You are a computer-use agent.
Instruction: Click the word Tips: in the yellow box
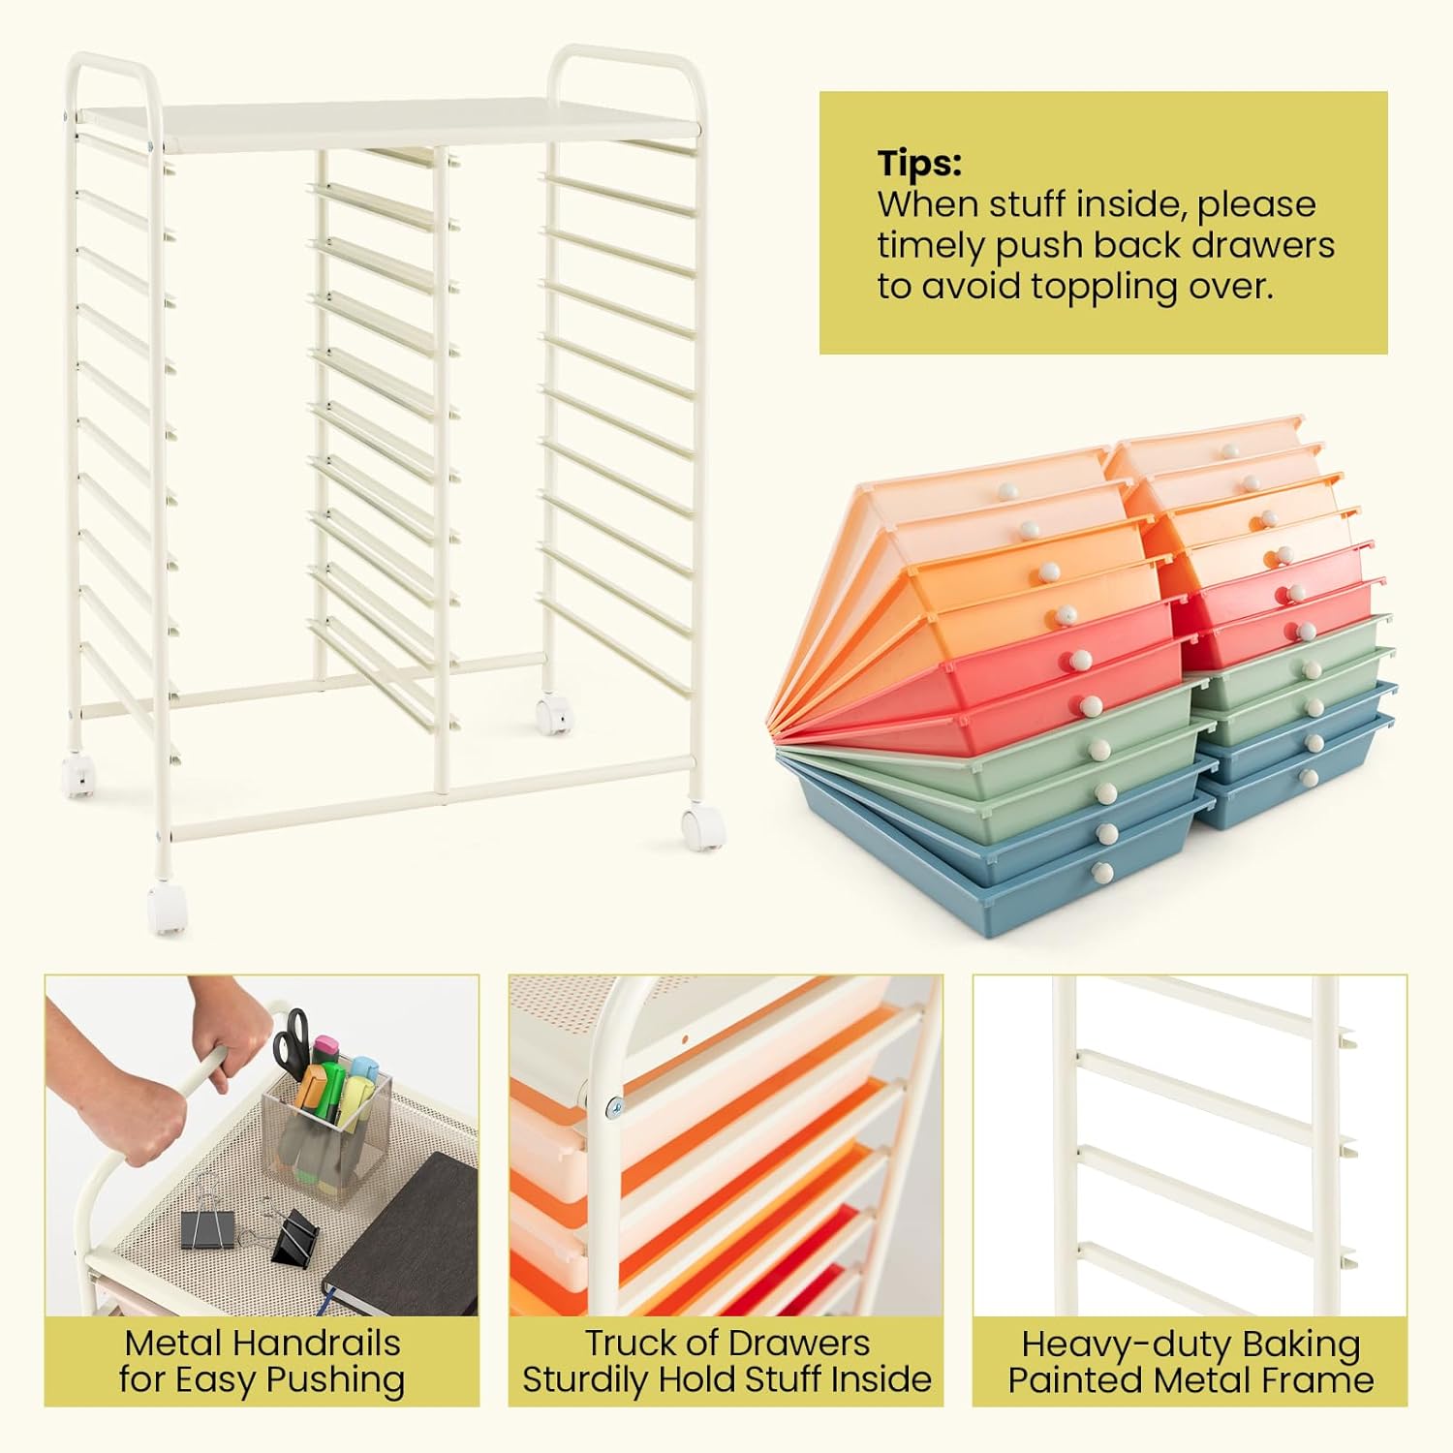[919, 163]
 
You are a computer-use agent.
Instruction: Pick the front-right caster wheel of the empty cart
[704, 828]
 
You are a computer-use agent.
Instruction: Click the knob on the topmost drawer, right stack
[1230, 450]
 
